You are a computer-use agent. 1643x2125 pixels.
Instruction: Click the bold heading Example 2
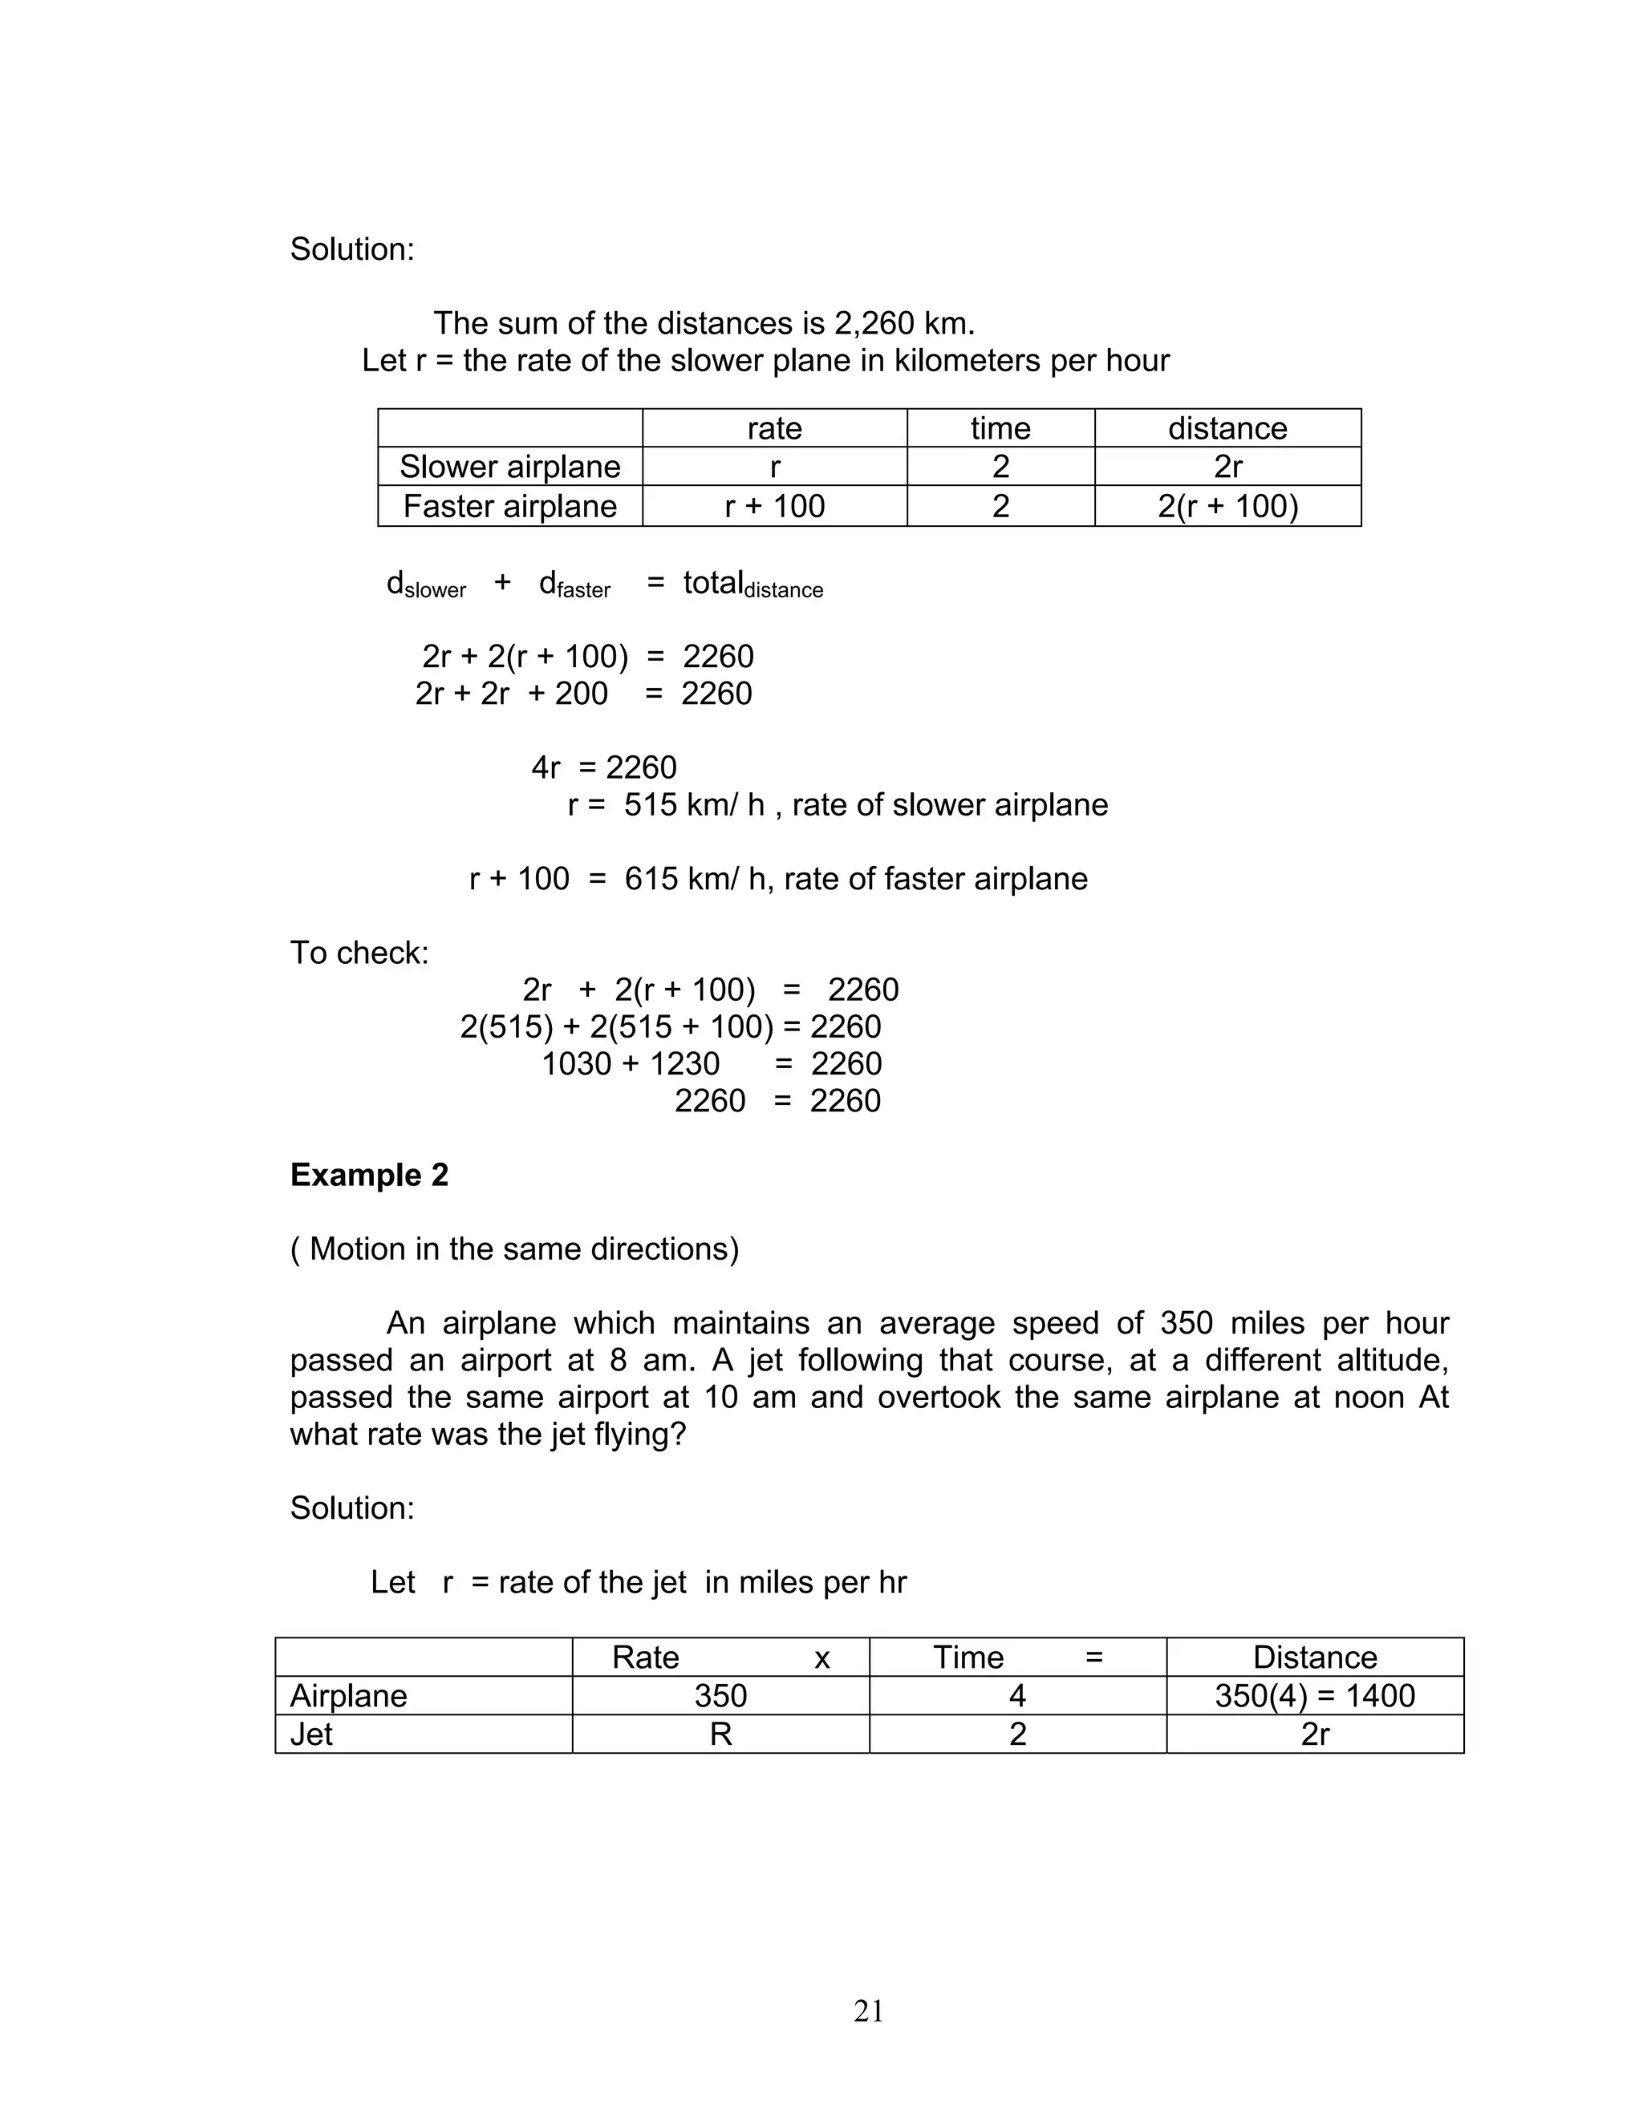(369, 1175)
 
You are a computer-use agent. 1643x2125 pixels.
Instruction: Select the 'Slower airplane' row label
(510, 467)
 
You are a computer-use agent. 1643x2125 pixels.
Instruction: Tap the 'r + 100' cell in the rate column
(775, 506)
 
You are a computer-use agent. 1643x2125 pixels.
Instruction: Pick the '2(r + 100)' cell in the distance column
(1227, 506)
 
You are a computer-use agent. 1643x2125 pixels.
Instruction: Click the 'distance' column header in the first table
(1227, 428)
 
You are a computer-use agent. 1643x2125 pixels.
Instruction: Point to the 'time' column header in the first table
(1000, 428)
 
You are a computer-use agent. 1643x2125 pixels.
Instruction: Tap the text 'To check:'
(359, 953)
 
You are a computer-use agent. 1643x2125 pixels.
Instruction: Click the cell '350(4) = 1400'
(1314, 1696)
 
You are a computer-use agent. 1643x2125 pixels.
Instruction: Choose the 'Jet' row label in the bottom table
(311, 1734)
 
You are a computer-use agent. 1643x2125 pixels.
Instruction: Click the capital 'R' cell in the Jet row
(720, 1734)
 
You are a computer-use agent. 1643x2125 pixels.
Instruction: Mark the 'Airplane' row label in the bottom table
(348, 1696)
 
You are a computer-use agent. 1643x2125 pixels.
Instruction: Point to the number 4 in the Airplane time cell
(1017, 1696)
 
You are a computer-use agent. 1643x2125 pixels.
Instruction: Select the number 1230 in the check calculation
(684, 1063)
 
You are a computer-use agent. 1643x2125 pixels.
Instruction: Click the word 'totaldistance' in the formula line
(753, 585)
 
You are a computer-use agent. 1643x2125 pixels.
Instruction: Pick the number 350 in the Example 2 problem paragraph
(1186, 1323)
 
